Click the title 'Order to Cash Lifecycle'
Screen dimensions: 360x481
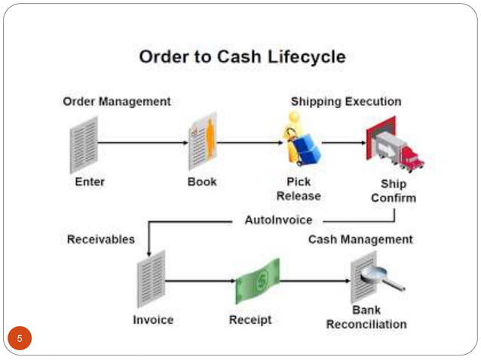tap(242, 56)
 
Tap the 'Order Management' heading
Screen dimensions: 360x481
tap(116, 101)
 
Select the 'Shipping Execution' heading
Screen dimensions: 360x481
tap(346, 101)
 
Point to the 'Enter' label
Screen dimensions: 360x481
tap(90, 182)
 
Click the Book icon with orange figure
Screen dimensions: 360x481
tap(203, 142)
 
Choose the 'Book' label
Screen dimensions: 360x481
tap(202, 182)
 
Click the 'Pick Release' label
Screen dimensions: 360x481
tap(299, 189)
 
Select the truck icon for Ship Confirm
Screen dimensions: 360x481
tap(394, 145)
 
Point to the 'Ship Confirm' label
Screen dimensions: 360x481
tap(393, 191)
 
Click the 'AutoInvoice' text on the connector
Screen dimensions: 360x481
tap(278, 220)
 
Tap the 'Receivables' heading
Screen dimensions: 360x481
tap(101, 239)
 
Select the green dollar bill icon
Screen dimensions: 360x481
tap(257, 281)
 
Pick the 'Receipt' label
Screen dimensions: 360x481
tap(250, 320)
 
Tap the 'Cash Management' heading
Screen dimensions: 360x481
tap(360, 239)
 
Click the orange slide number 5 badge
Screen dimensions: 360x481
tap(20, 337)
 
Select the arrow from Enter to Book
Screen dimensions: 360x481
tap(143, 142)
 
